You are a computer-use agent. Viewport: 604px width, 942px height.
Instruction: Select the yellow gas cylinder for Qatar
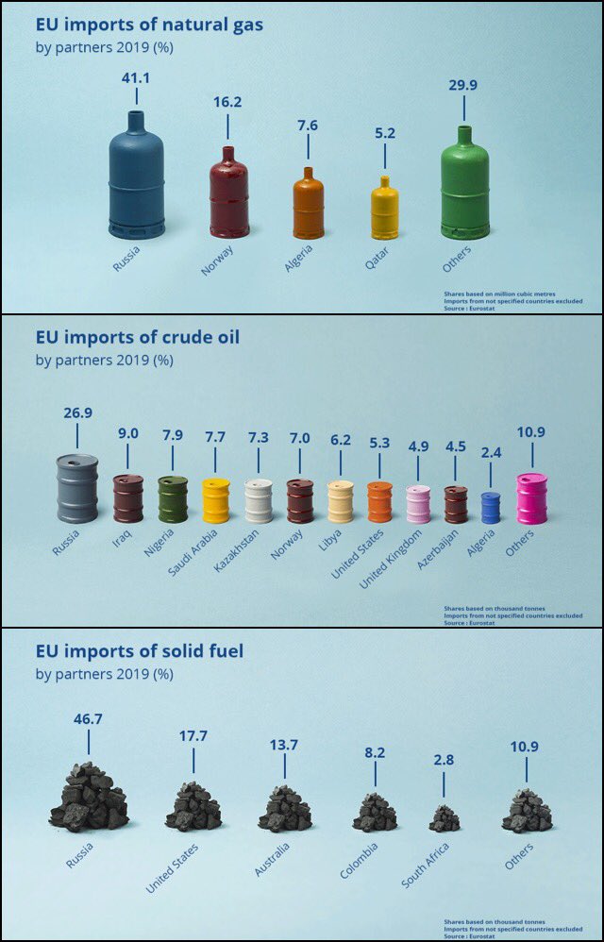384,210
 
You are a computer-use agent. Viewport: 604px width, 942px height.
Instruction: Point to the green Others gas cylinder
464,186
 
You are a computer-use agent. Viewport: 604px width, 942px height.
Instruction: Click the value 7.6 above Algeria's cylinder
308,124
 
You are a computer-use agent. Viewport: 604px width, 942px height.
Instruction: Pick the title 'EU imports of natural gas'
149,24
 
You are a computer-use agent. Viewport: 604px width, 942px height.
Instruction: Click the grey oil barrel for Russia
76,488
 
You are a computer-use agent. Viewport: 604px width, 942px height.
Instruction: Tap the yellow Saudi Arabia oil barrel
215,500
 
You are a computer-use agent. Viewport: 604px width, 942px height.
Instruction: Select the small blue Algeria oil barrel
491,508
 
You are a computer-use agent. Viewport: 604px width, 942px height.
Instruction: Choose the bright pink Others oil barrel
531,497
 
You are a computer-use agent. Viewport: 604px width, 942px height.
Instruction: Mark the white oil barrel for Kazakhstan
258,500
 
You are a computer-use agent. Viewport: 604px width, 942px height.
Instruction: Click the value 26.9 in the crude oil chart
76,412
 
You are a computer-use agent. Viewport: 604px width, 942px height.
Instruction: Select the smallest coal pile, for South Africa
444,818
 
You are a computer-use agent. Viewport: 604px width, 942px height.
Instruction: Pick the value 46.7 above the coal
88,719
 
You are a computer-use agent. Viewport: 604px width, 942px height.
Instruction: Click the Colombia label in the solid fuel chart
360,860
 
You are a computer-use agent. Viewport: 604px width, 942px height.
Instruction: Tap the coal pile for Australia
284,809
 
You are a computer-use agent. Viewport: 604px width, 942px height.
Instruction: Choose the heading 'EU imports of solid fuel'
140,651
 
